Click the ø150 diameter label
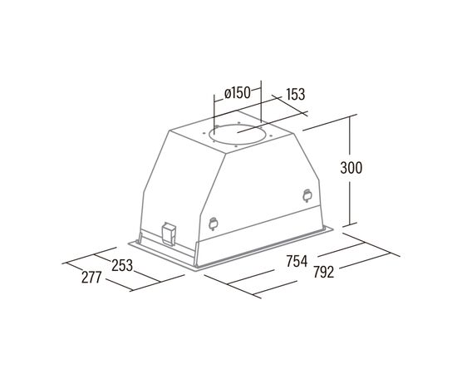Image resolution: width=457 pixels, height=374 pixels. [238, 93]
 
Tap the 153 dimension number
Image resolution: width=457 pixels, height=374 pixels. [296, 94]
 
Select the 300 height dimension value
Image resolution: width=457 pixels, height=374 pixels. [351, 168]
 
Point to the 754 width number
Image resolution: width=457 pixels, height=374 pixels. [297, 261]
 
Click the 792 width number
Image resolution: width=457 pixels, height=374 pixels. [323, 273]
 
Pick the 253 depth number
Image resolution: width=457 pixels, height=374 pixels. [122, 266]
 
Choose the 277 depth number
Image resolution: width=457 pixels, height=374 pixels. [91, 278]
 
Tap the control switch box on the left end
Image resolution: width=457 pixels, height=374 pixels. [169, 234]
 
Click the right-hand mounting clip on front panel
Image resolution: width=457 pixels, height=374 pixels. [307, 195]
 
